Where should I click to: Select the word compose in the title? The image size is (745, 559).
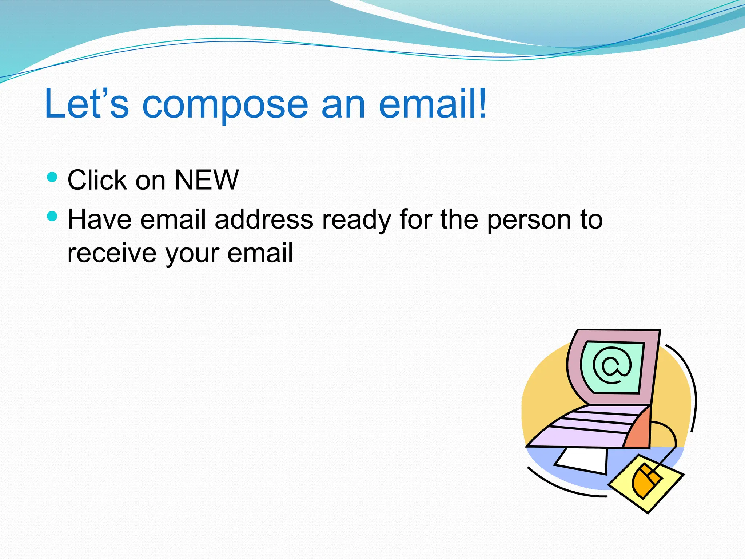(x=225, y=105)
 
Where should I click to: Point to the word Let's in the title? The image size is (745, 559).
(x=87, y=104)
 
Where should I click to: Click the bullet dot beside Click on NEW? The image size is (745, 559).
(x=52, y=177)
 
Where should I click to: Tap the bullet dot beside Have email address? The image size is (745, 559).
(x=52, y=216)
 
